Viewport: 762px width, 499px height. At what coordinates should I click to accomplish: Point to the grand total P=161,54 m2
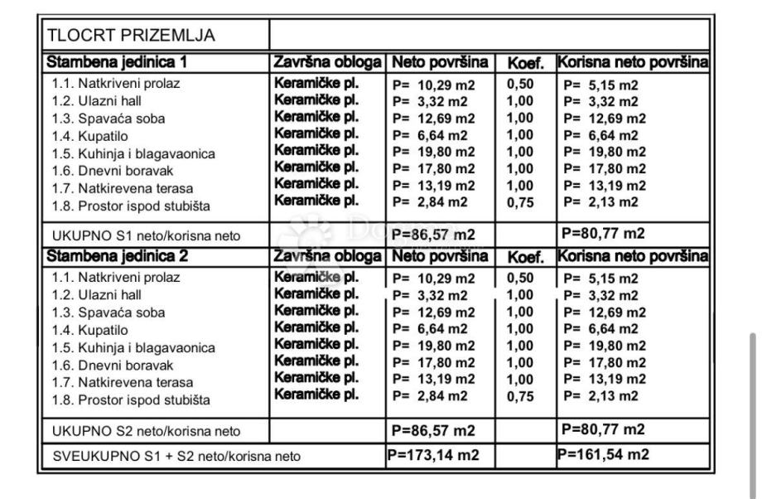[x=603, y=453]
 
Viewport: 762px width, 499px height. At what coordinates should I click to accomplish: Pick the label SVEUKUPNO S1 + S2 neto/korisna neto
[x=174, y=455]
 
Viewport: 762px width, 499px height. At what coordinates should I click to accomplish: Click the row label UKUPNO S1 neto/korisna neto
[x=146, y=236]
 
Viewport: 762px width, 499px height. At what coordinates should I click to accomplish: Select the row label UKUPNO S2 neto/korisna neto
[x=146, y=431]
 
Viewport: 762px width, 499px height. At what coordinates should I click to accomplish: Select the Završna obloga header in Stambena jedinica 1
[x=327, y=62]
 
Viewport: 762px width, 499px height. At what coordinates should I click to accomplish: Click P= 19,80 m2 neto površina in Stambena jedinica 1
[x=434, y=153]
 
